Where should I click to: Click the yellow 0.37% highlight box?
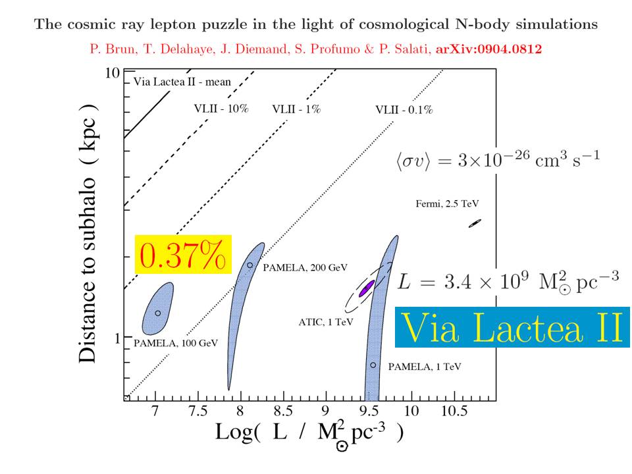click(x=184, y=253)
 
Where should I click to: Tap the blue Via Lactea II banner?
click(x=512, y=327)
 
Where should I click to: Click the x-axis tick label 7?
click(x=155, y=411)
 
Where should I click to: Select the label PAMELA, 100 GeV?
click(x=175, y=343)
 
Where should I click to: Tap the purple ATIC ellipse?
click(x=366, y=288)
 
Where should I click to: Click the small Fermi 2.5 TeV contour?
click(x=475, y=223)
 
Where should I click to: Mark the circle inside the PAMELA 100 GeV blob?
click(x=157, y=313)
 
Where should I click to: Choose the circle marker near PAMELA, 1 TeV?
click(x=373, y=365)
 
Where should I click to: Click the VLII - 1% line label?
click(x=296, y=109)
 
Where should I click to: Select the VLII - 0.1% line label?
click(x=404, y=109)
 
